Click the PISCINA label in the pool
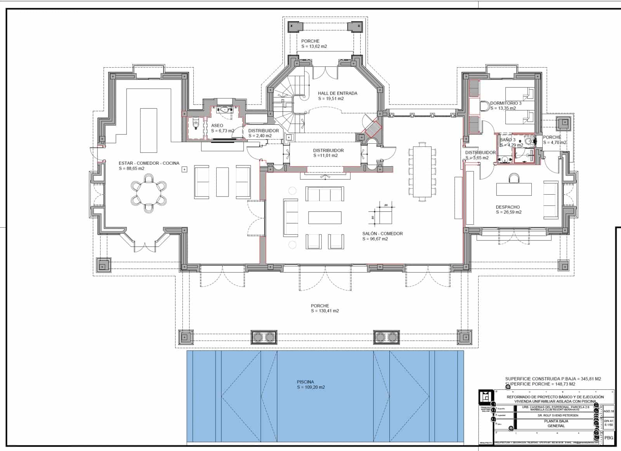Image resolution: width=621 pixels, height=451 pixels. click(305, 382)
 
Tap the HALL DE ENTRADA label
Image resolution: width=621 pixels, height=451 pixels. click(337, 93)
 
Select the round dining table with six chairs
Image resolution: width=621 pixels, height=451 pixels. click(149, 193)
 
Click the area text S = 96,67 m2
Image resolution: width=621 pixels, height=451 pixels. click(375, 239)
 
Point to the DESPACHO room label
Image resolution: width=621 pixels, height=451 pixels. click(508, 207)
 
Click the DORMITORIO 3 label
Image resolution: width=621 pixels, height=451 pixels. click(506, 103)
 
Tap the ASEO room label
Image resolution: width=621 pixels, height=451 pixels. click(217, 125)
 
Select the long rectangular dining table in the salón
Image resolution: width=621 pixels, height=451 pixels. click(422, 171)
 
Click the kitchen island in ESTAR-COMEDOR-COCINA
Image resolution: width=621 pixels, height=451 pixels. click(148, 130)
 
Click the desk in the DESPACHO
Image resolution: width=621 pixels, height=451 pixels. click(514, 189)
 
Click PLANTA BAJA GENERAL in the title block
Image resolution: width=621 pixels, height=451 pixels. click(556, 423)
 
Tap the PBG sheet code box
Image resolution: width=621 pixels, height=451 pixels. click(609, 438)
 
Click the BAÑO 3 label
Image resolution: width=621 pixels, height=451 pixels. click(508, 139)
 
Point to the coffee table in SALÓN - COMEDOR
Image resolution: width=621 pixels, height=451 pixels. click(324, 218)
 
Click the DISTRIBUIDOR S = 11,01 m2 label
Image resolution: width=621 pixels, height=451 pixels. click(328, 150)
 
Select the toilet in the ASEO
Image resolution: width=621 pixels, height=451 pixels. click(196, 124)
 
